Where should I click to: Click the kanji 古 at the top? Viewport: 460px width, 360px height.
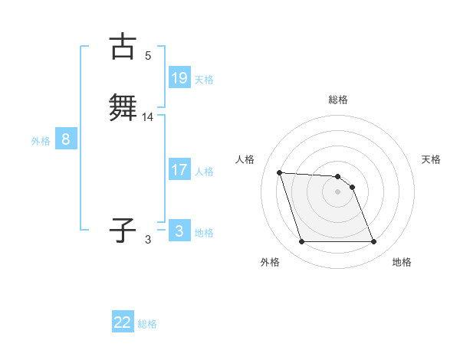coord(123,47)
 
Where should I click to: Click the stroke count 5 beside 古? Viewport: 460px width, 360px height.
coord(148,55)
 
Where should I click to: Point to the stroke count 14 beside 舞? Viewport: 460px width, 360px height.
coord(148,116)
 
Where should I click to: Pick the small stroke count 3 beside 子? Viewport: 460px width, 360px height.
coord(148,239)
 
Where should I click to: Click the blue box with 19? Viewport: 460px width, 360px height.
coord(179,78)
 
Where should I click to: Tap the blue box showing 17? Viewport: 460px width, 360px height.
coord(179,170)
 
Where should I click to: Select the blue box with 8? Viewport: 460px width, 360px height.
coord(66,139)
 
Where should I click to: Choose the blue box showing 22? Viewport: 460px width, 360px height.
coord(123,322)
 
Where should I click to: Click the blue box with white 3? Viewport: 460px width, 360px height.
coord(179,231)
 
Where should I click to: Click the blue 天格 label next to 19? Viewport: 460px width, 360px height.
coord(204,80)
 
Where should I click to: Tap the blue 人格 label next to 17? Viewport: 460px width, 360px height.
coord(204,172)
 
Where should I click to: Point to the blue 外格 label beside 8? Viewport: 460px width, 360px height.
coord(41,141)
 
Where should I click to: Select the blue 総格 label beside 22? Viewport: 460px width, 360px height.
coord(147,324)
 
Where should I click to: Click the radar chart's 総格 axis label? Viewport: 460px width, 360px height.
coord(338,100)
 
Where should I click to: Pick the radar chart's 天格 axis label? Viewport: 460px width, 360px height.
coord(432,159)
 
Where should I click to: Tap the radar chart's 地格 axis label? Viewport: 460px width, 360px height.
coord(402,263)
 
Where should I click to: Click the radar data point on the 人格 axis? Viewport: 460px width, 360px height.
coord(280,172)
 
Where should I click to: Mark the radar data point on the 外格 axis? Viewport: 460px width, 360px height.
coord(301,242)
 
